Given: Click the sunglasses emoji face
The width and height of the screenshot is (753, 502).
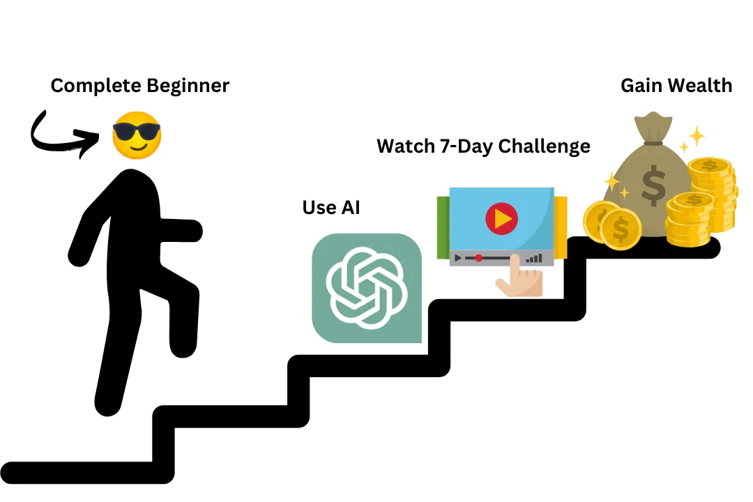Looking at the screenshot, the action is click(x=137, y=135).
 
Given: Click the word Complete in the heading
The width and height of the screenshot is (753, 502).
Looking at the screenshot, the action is click(x=96, y=86).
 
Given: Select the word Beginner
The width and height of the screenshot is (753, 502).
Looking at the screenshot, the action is click(x=188, y=86).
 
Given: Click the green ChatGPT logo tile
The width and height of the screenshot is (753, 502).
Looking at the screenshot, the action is click(x=367, y=288).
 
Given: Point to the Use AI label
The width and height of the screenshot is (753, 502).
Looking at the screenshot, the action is click(x=331, y=208).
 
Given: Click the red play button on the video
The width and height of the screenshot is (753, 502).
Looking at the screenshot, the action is click(x=501, y=218).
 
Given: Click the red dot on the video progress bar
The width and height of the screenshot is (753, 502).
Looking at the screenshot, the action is click(x=478, y=259).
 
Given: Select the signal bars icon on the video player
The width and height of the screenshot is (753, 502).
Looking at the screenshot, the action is click(x=534, y=259).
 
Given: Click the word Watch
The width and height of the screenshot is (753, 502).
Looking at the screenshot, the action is click(x=405, y=146).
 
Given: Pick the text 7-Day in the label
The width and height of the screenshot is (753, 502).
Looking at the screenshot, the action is click(x=466, y=146).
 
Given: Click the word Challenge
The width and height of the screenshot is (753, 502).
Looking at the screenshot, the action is click(x=544, y=146).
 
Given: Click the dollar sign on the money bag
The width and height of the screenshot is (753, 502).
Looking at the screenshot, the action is click(x=653, y=185).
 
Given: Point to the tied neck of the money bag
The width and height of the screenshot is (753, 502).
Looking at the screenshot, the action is click(x=653, y=142).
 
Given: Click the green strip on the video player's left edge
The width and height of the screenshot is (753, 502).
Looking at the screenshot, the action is click(x=443, y=228).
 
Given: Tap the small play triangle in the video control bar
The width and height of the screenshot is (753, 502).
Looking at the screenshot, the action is click(x=458, y=259).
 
